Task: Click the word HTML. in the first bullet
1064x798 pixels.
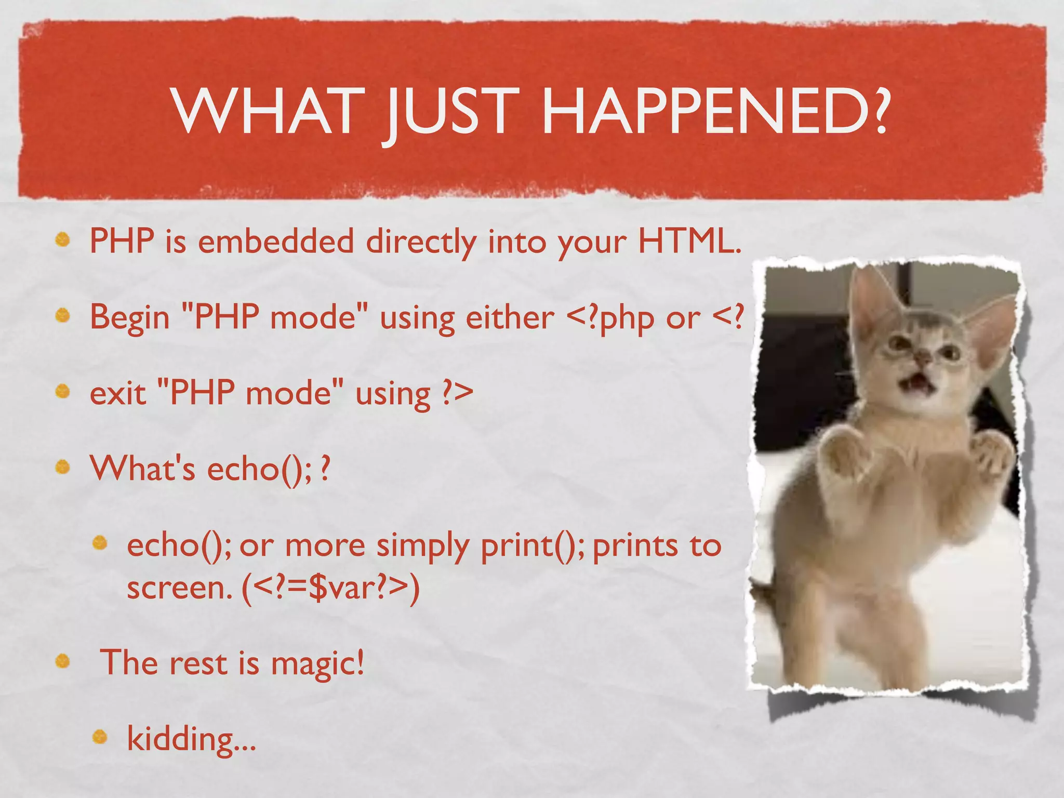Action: [689, 242]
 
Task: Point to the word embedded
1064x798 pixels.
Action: [275, 242]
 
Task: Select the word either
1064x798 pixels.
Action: [510, 317]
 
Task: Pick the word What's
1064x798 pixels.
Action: [142, 468]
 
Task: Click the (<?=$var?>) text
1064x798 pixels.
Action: [330, 589]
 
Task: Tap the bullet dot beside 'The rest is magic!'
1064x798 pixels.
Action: [62, 661]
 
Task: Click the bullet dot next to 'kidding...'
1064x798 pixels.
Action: [100, 736]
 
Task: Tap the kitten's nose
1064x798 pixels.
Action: [923, 357]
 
